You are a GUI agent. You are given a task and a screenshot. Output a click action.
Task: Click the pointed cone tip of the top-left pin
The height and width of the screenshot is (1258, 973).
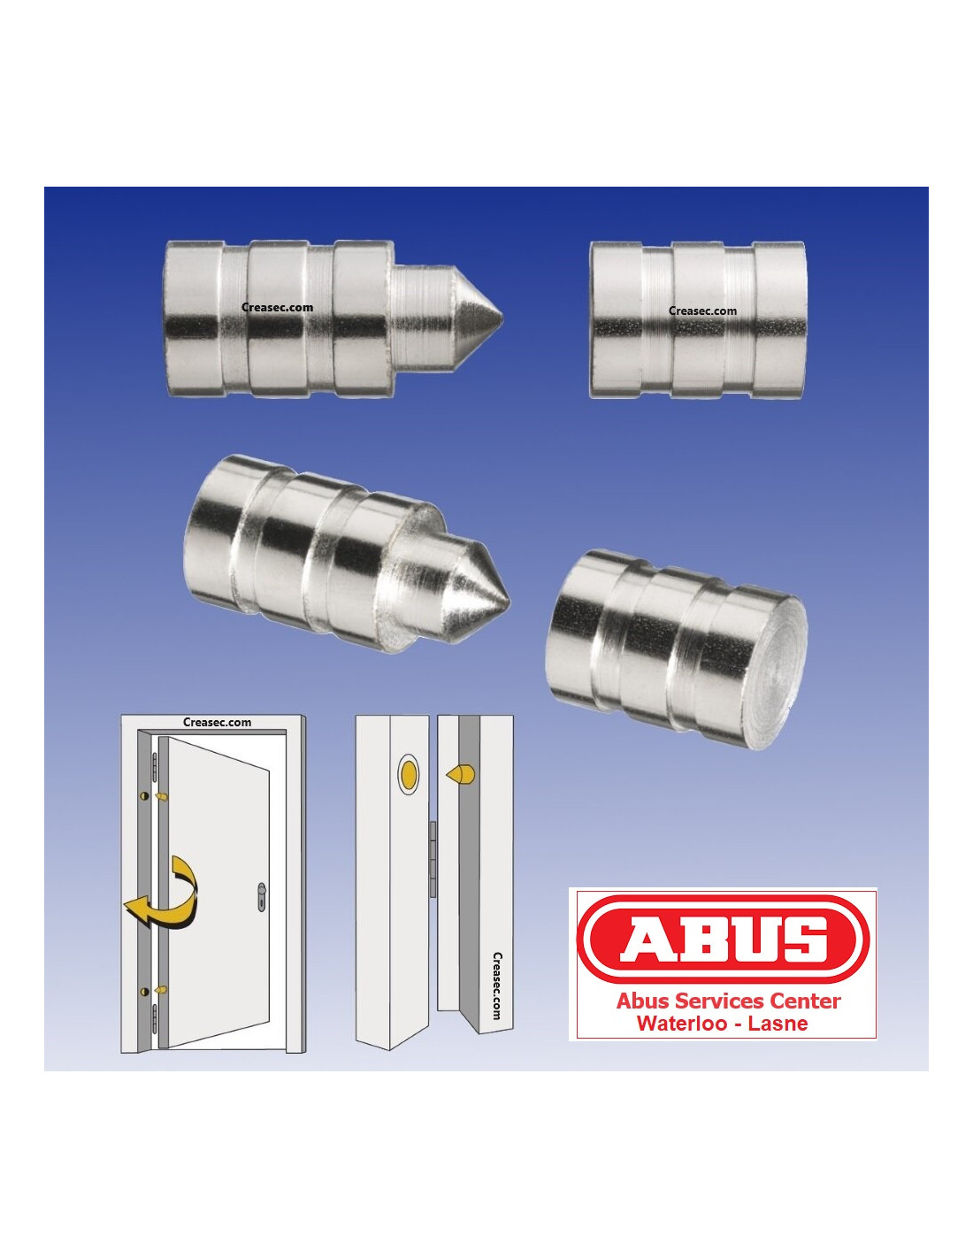(x=502, y=318)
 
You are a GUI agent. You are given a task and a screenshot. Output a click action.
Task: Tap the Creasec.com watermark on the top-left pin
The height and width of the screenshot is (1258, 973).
(x=277, y=307)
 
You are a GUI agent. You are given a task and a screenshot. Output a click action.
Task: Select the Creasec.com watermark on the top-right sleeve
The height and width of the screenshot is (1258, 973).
(x=702, y=311)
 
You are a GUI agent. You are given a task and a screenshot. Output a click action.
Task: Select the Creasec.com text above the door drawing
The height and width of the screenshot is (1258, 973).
(x=217, y=723)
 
